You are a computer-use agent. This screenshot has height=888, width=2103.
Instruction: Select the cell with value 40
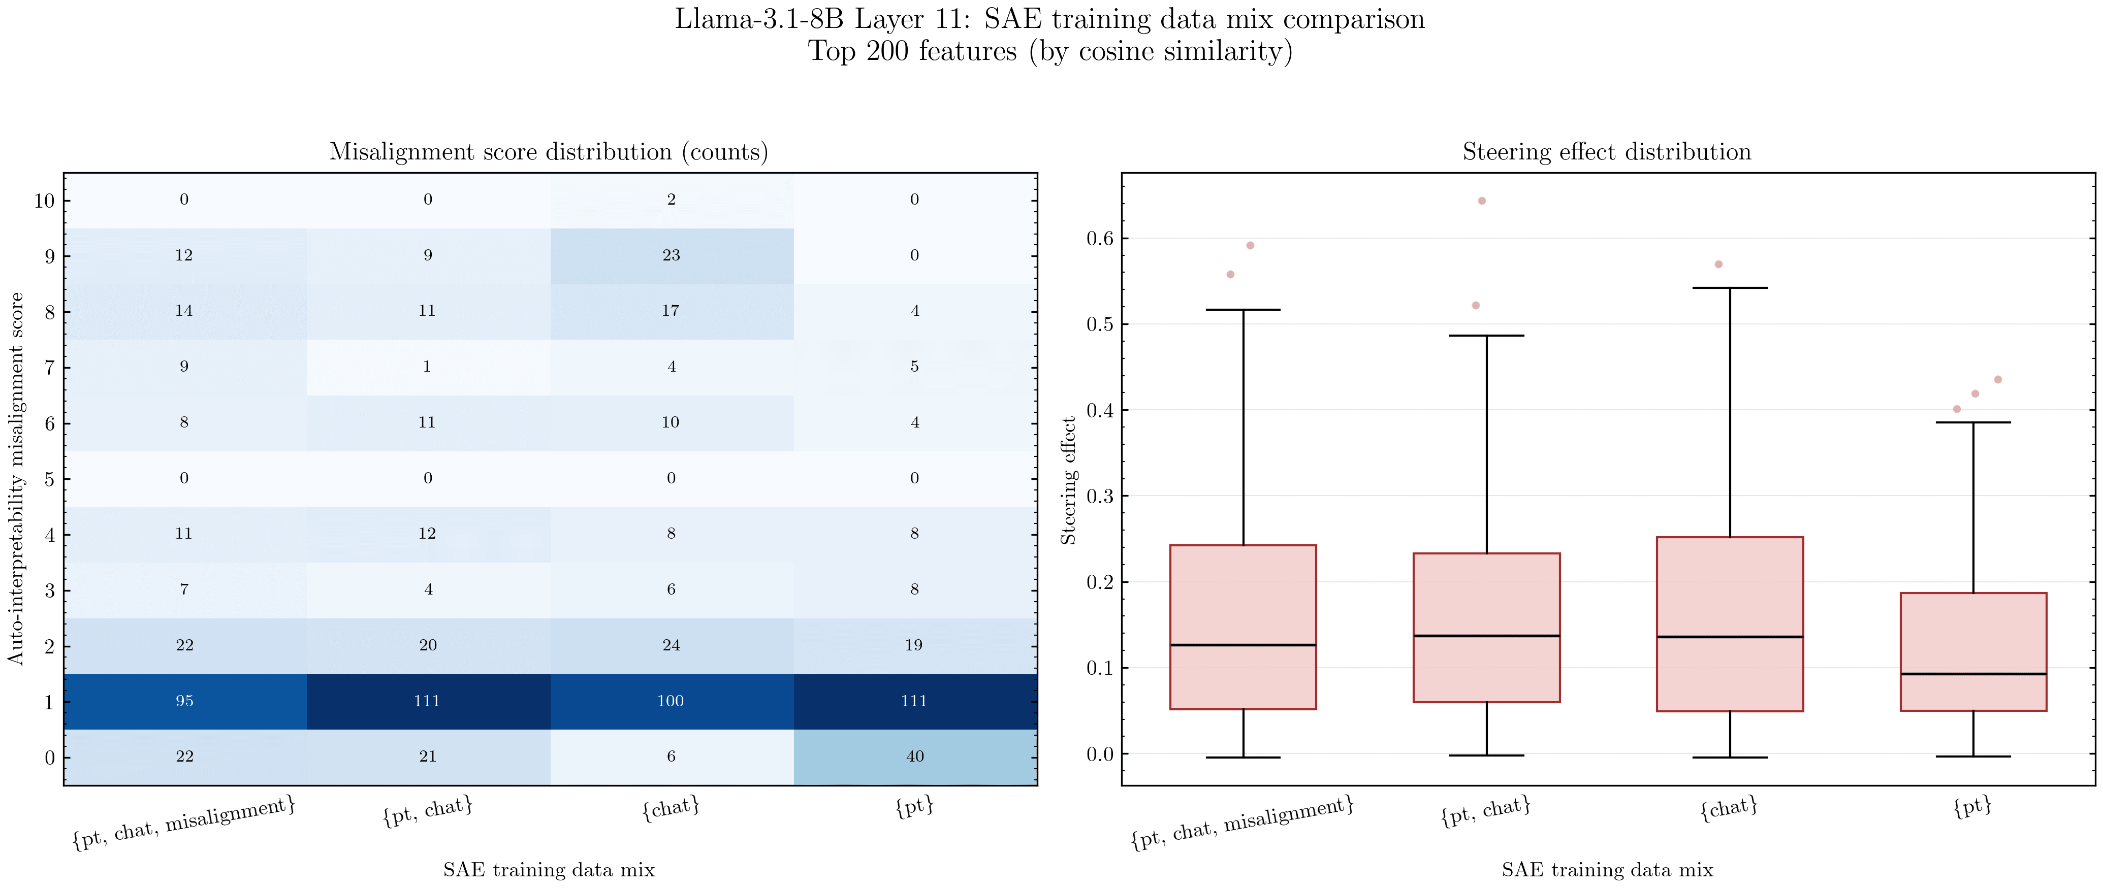[x=914, y=757]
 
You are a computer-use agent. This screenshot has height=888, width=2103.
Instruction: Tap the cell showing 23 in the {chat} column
[x=671, y=255]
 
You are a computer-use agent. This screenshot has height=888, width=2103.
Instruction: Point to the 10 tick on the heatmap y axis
[x=44, y=201]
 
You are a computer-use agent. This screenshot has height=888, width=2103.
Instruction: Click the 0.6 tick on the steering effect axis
[x=1100, y=238]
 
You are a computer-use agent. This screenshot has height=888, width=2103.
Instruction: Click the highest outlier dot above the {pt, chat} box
[x=1482, y=201]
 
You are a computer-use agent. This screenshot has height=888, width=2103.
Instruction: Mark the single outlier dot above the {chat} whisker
[x=1718, y=265]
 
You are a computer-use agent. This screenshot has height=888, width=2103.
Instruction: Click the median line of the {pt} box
[x=1973, y=674]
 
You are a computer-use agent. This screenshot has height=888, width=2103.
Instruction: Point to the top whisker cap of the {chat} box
[x=1730, y=288]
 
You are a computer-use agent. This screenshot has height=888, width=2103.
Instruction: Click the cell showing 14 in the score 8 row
[x=184, y=311]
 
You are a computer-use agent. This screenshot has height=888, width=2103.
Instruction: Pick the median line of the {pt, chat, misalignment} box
[x=1242, y=645]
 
